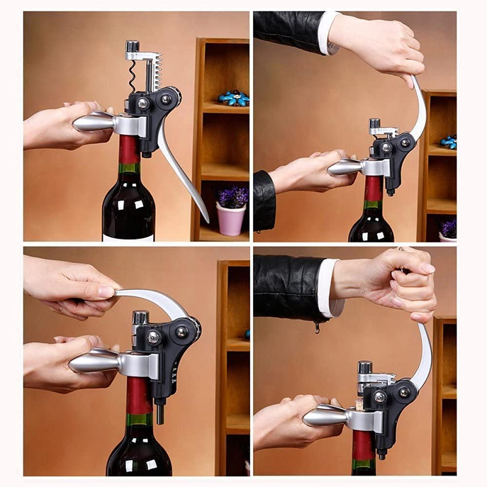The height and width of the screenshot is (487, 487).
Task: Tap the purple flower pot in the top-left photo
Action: pyautogui.click(x=231, y=219)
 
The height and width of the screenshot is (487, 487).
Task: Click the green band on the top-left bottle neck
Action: pyautogui.click(x=128, y=169)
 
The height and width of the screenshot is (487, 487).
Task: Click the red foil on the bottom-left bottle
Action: pyautogui.click(x=139, y=396)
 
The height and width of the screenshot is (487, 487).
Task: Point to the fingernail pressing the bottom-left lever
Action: pyautogui.click(x=107, y=292)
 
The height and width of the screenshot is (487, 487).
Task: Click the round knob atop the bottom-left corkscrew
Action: pyautogui.click(x=141, y=317)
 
